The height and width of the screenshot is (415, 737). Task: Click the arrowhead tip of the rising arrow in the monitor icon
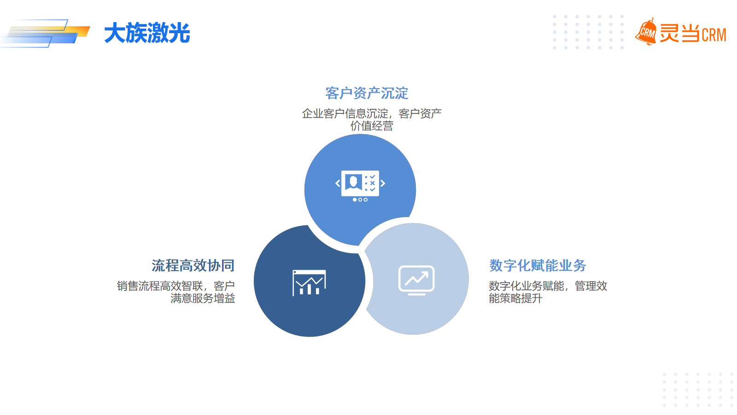pos(427,272)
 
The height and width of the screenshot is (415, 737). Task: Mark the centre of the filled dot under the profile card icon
pos(354,200)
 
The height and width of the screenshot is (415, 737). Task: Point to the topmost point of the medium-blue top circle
pos(360,134)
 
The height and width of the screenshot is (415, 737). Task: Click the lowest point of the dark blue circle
pos(309,337)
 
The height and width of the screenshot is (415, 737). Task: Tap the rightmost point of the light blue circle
pos(468,279)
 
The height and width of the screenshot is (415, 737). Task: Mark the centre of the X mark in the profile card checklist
pos(373,183)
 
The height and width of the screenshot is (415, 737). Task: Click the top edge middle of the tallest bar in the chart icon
pos(309,285)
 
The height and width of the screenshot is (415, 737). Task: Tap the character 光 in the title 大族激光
pos(179,33)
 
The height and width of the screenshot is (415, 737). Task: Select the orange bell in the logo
pos(646,32)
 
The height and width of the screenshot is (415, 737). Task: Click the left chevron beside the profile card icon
pos(338,184)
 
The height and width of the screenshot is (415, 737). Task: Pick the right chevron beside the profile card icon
pos(383,184)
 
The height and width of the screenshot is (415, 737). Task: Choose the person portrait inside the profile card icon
pos(353,182)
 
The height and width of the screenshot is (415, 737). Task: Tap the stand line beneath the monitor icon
pos(416,294)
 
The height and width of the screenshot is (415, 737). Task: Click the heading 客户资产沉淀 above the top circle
pos(367,93)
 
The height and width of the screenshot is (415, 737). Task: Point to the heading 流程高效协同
pos(193,266)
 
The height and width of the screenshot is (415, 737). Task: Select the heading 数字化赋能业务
pos(538,266)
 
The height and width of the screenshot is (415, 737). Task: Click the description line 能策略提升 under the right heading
pos(515,298)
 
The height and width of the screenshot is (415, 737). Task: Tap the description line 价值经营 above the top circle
pos(372,126)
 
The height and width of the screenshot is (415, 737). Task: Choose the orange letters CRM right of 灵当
pos(714,35)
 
